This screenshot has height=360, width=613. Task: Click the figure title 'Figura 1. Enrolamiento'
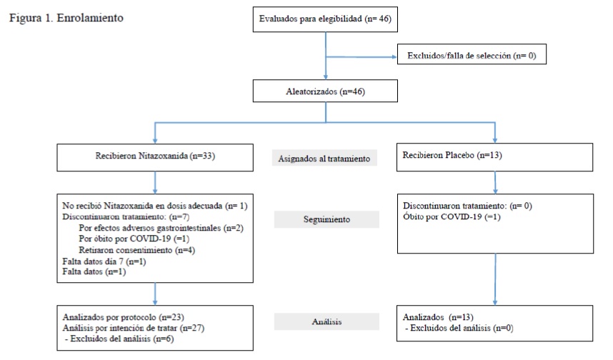(x=66, y=18)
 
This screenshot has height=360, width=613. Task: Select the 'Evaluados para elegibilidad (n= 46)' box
(x=325, y=19)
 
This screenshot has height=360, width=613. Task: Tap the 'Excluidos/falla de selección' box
(x=472, y=54)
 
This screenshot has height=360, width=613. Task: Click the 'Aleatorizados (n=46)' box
(x=325, y=91)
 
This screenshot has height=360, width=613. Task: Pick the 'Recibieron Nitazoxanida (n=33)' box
(x=155, y=158)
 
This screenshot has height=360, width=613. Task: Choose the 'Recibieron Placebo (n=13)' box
(x=494, y=157)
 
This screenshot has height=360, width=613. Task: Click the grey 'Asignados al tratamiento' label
(x=324, y=158)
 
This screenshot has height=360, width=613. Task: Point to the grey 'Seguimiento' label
(x=327, y=219)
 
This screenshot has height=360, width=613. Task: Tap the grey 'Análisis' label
(x=327, y=321)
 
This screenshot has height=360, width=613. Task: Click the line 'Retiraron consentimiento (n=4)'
(x=137, y=250)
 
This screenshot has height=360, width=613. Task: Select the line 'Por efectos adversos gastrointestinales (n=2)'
(x=161, y=228)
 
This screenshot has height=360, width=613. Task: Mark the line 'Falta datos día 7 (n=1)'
(x=104, y=261)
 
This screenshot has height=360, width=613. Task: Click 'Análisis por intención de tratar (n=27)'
(x=134, y=328)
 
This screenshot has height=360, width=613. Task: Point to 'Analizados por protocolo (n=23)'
(x=123, y=317)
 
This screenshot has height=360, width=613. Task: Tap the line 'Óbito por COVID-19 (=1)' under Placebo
(x=452, y=216)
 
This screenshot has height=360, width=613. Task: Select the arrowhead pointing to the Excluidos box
(x=394, y=57)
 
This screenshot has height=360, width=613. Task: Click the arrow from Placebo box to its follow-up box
(x=495, y=183)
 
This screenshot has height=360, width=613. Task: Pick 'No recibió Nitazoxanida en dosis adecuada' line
(x=155, y=206)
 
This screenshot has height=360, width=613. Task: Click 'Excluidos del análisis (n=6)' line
(x=119, y=339)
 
